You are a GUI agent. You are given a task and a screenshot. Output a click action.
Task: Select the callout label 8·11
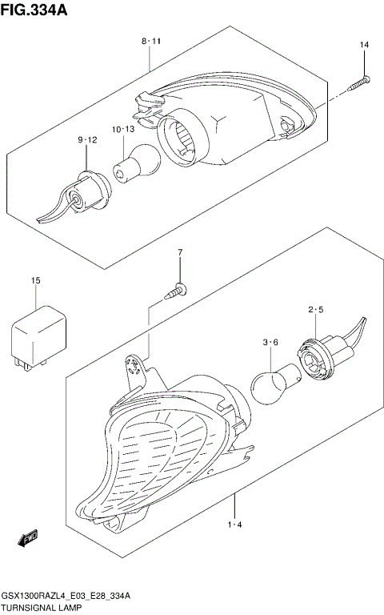pyautogui.click(x=151, y=40)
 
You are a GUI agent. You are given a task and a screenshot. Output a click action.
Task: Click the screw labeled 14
pyautogui.click(x=358, y=82)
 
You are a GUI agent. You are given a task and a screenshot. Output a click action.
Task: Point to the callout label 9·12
pyautogui.click(x=87, y=140)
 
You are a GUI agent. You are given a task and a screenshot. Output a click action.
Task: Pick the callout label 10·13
pyautogui.click(x=122, y=129)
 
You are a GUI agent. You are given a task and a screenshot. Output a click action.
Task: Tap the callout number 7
pyautogui.click(x=180, y=254)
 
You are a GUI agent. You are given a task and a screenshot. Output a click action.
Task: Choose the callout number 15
pyautogui.click(x=35, y=280)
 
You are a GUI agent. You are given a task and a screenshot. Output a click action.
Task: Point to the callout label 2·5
pyautogui.click(x=314, y=310)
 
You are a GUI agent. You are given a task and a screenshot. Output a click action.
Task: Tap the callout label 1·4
pyautogui.click(x=234, y=525)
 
